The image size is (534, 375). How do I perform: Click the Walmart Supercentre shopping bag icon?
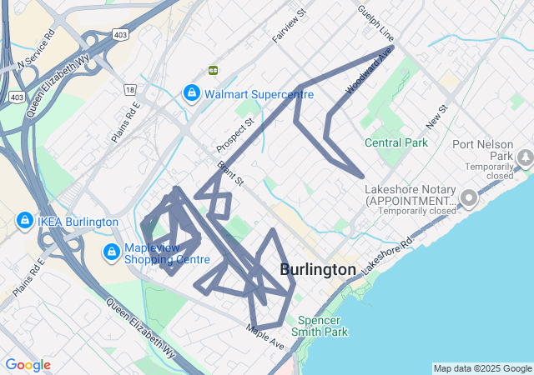click(191, 92)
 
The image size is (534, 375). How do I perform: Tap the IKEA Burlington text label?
click(78, 222)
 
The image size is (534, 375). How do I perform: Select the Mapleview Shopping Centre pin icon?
click(111, 251)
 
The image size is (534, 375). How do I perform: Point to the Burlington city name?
click(318, 269)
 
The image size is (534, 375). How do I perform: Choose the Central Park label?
click(396, 142)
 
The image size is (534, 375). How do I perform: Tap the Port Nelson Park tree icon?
click(526, 156)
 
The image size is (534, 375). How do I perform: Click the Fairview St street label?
click(290, 27)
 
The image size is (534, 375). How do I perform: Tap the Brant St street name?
click(230, 173)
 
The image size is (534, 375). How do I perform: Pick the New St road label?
click(436, 117)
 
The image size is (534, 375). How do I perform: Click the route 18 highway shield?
click(129, 89)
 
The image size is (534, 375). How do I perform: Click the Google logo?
click(28, 365)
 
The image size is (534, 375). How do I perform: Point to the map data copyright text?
click(482, 368)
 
